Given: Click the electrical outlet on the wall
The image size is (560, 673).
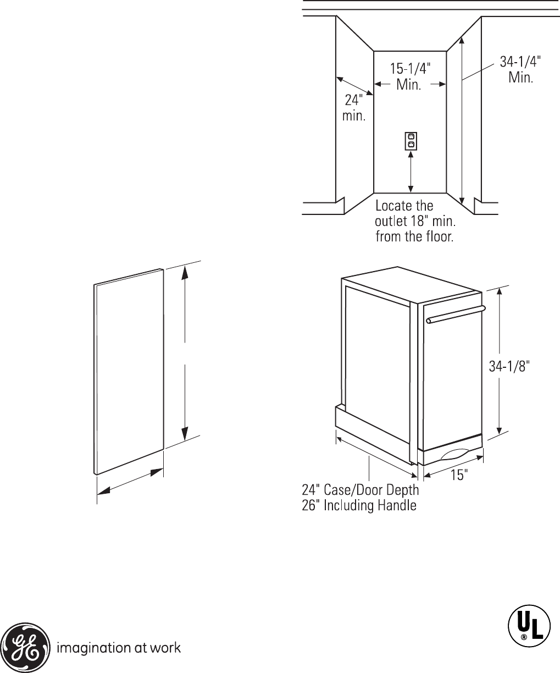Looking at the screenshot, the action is (411, 141).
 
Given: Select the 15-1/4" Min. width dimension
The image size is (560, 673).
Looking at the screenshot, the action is (409, 76).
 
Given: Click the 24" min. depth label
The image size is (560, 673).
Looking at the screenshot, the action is (353, 108).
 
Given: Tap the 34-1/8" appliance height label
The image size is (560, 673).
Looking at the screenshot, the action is (509, 367).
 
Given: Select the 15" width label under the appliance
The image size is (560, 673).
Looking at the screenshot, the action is (458, 475).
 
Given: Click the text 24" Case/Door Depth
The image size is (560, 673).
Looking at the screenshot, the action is (361, 489).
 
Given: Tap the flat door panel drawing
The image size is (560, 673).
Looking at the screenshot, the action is (129, 371).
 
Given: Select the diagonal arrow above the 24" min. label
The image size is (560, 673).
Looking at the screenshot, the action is (355, 87).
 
